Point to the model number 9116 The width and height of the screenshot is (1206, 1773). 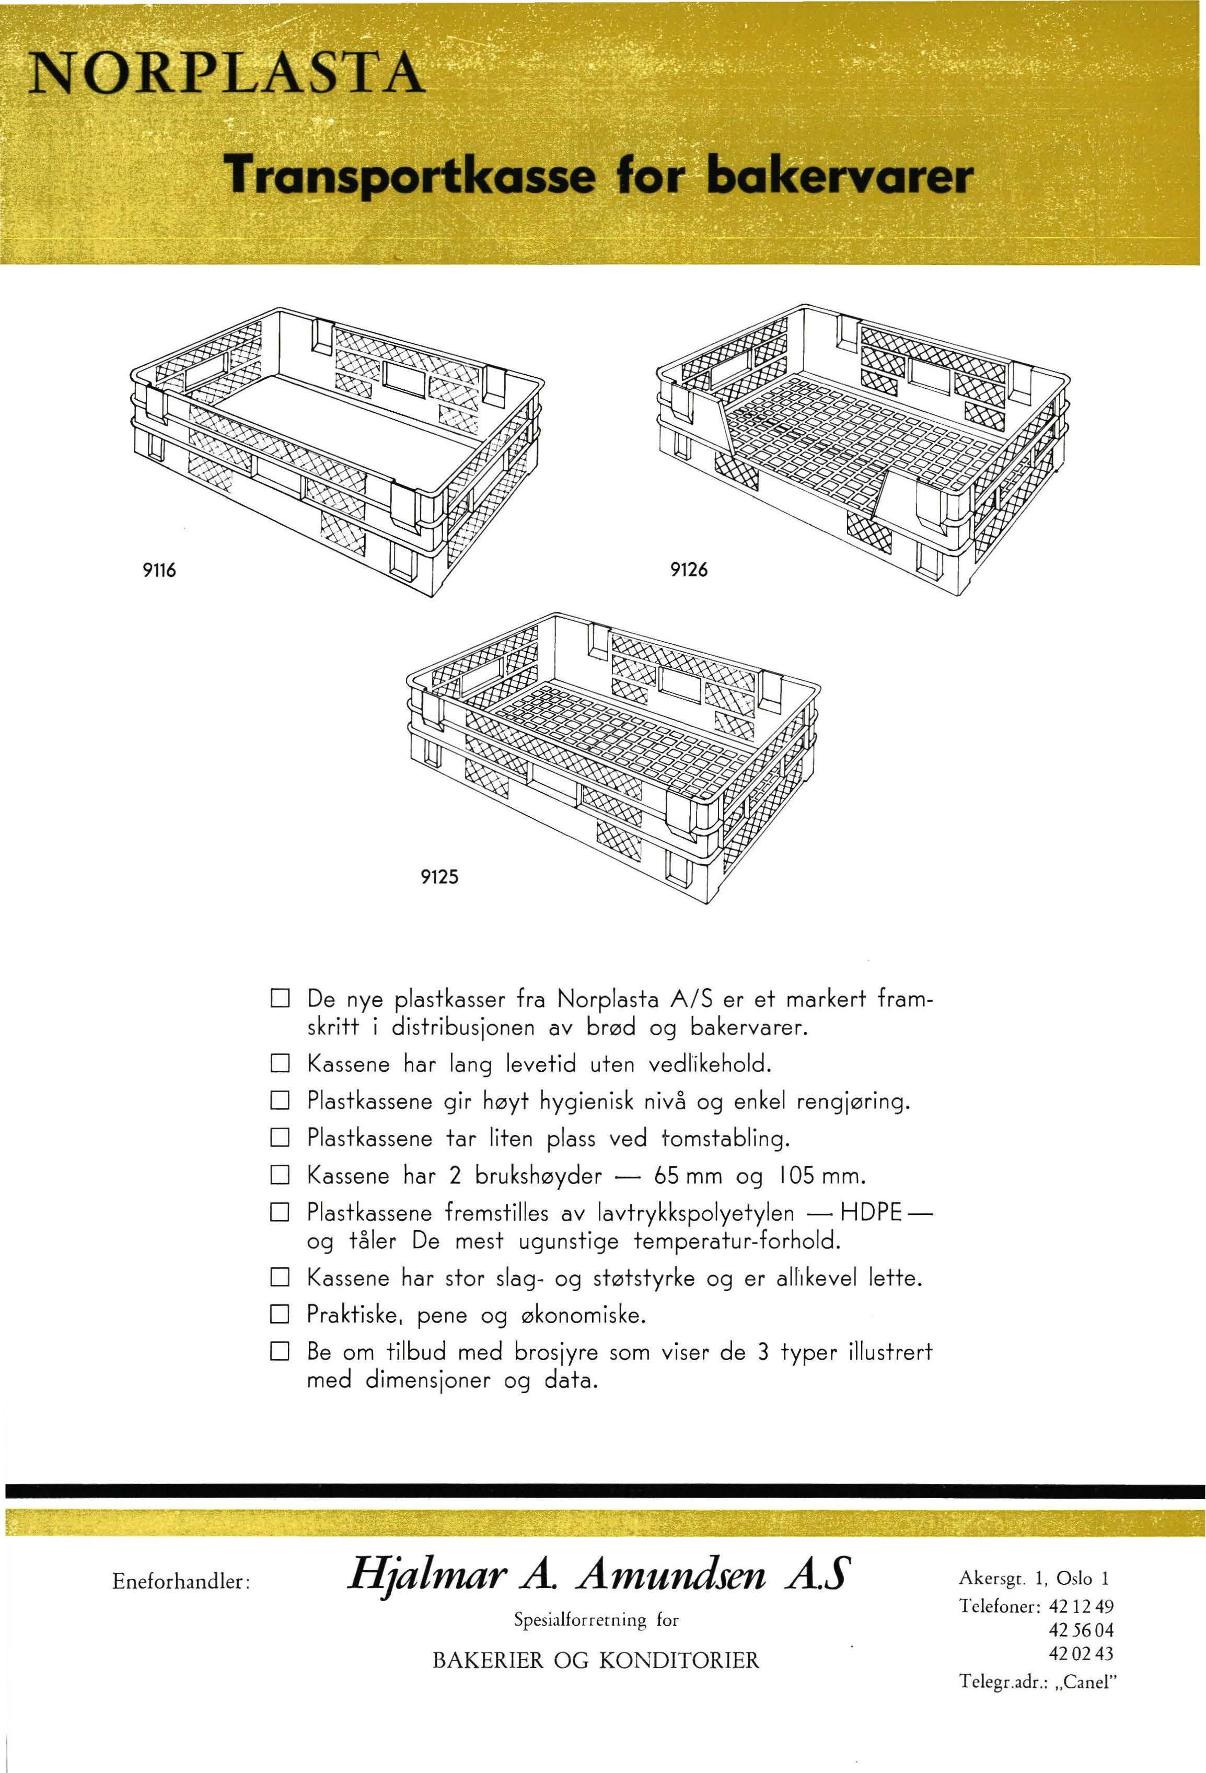tap(161, 571)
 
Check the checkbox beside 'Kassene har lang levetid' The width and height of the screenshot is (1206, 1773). tap(279, 1063)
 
